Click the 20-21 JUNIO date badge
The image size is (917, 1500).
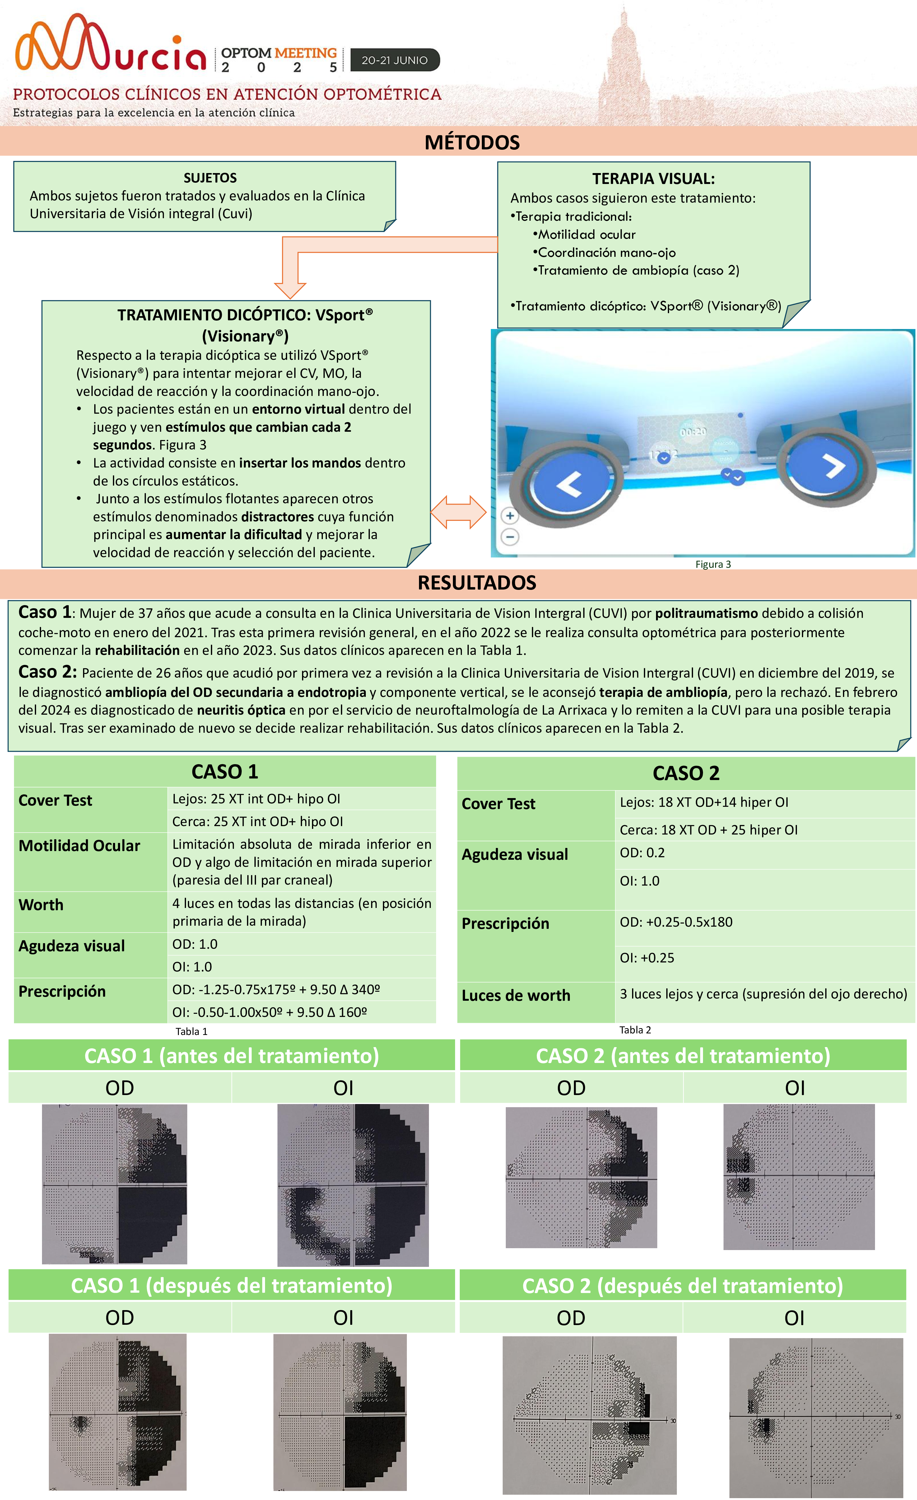coord(394,60)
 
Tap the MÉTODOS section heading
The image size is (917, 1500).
coord(472,143)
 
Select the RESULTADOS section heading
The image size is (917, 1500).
coord(477,583)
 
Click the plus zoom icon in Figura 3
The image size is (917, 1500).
coord(510,516)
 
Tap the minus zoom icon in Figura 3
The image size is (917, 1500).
coord(510,537)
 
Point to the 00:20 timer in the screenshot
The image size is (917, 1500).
coord(693,431)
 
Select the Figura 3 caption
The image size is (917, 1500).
coord(713,564)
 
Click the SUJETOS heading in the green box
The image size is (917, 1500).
coord(210,178)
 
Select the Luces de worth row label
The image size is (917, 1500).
coord(516,995)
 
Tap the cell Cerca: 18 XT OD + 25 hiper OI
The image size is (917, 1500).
coord(708,830)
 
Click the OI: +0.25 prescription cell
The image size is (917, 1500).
coord(647,957)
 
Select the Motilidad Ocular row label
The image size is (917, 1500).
coord(79,846)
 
